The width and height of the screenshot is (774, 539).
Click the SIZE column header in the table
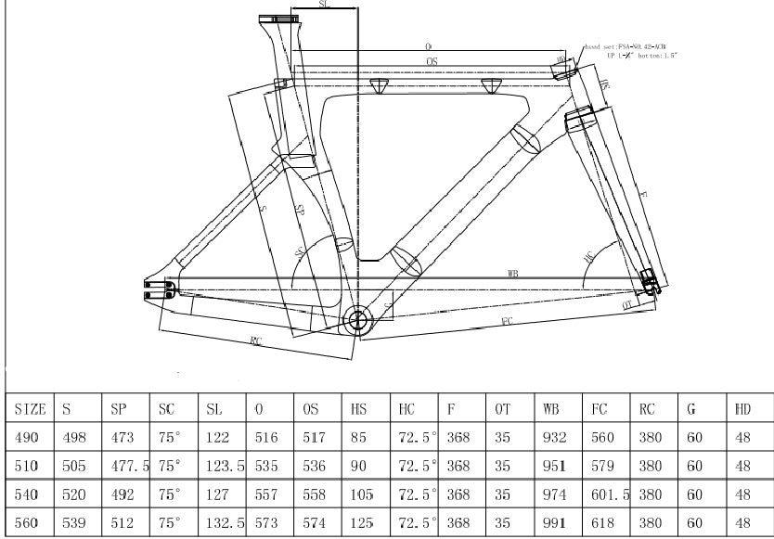[x=31, y=408]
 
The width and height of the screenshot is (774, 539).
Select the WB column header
[x=548, y=408]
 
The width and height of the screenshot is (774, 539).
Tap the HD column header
[x=742, y=408]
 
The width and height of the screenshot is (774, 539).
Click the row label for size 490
[x=27, y=436]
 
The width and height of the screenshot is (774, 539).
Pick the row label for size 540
[x=27, y=494]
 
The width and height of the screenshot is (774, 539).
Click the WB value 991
[x=552, y=522]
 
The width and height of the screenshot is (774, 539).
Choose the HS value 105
[x=362, y=494]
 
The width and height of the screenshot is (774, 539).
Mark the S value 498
[x=73, y=436]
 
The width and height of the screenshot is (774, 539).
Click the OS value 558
[x=313, y=494]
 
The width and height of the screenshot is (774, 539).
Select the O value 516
[x=265, y=436]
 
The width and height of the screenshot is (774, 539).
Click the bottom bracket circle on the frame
[x=358, y=321]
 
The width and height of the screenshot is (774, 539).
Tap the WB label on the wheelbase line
[x=513, y=273]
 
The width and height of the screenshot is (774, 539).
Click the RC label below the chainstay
[x=255, y=341]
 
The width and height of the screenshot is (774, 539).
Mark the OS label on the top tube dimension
[x=432, y=60]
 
